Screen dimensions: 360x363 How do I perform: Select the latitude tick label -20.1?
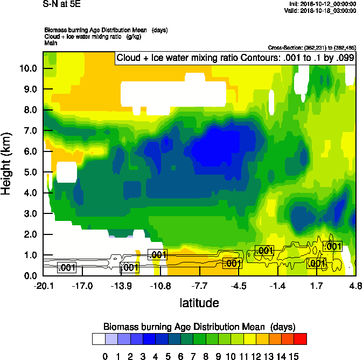43,286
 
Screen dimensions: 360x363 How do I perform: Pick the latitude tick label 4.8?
355,286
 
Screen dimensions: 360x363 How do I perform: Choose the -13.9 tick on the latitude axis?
122,286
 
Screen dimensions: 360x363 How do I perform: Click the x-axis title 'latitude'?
199,303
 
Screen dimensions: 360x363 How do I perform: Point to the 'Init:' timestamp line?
322,4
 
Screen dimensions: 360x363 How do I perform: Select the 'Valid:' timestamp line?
320,10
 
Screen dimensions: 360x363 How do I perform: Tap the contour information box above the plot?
235,58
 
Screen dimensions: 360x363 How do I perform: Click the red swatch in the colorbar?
301,339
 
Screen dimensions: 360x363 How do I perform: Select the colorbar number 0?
105,356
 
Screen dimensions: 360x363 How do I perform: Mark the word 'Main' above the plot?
51,41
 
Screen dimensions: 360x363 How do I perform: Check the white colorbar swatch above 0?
99,339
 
